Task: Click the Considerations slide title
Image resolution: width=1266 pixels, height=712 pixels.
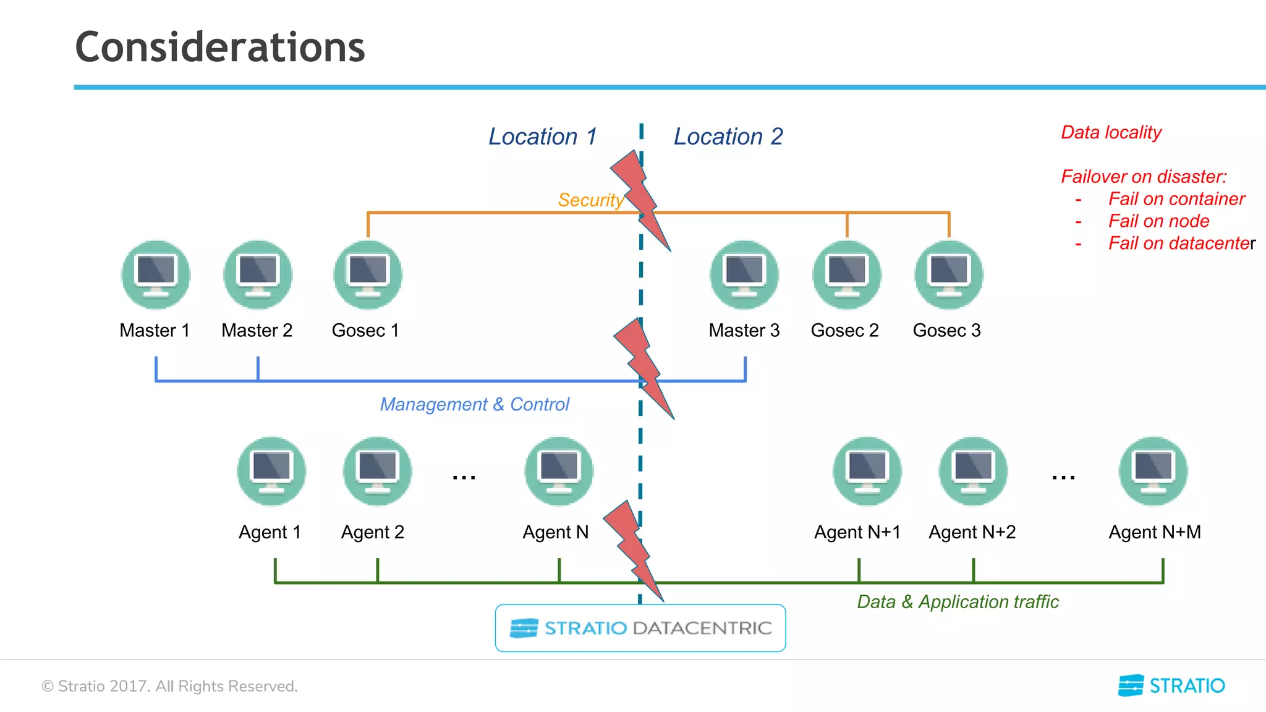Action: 220,48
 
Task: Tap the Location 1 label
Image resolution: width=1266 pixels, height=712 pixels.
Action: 543,137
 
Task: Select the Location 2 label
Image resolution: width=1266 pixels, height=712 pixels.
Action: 728,137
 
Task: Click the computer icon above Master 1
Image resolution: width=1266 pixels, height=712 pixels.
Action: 156,275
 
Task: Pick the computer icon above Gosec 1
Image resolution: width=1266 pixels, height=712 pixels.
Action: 368,275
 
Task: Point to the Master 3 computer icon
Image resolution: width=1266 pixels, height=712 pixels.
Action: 744,275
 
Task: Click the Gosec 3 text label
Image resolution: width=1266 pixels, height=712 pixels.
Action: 946,331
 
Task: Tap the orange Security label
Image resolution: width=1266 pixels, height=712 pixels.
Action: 590,200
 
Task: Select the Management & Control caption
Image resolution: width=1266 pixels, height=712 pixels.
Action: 474,404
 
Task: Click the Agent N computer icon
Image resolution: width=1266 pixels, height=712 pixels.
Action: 559,471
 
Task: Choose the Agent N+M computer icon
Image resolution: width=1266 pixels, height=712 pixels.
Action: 1153,471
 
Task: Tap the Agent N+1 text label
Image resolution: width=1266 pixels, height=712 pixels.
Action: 857,532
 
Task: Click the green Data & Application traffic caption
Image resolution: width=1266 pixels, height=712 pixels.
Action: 958,602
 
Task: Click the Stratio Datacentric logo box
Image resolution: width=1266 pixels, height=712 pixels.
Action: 640,628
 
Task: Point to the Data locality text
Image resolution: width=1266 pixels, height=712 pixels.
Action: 1111,132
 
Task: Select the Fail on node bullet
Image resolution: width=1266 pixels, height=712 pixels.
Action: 1158,221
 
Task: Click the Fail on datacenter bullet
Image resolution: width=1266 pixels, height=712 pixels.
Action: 1181,244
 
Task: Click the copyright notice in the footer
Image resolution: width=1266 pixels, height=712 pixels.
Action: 169,686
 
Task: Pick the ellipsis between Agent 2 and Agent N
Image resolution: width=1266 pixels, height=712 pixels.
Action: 464,477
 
